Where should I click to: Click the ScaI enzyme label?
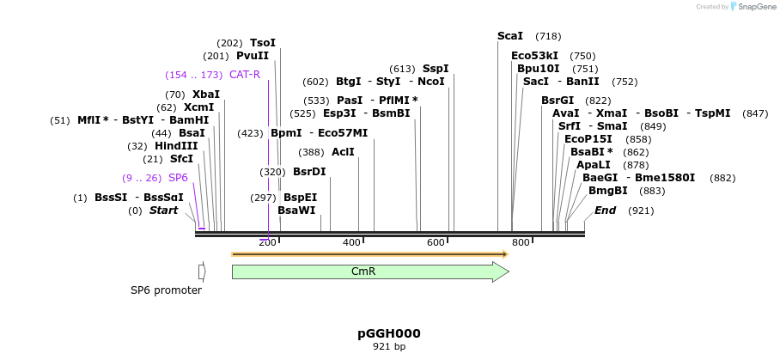(510, 36)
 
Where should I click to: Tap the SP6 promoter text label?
(166, 290)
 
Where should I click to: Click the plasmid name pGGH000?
(389, 333)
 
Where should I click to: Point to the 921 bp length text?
(389, 347)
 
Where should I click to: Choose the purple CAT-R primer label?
(245, 75)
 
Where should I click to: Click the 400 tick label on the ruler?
(351, 243)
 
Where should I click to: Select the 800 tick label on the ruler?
(521, 243)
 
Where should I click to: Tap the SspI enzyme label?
(435, 69)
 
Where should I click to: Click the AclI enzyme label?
(343, 152)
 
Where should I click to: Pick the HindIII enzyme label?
(176, 146)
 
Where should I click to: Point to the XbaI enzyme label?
(205, 95)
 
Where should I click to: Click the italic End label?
(605, 211)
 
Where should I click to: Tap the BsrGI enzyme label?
(558, 101)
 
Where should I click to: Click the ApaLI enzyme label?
(594, 165)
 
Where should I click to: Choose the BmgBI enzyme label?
(607, 191)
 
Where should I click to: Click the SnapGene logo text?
(755, 7)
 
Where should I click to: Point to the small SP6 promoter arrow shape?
(202, 272)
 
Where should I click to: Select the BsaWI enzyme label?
(296, 211)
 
